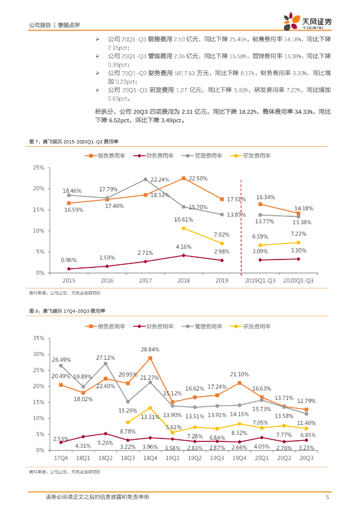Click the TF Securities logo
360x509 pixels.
(x=308, y=21)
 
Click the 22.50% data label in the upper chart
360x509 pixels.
(x=197, y=179)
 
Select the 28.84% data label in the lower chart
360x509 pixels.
(x=150, y=349)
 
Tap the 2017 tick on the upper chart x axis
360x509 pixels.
(x=145, y=281)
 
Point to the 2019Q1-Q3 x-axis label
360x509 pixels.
(x=260, y=281)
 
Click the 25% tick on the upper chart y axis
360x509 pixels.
(x=38, y=168)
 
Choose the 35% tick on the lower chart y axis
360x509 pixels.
(x=38, y=338)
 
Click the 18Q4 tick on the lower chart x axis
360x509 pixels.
(x=150, y=458)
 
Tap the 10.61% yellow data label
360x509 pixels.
(x=183, y=220)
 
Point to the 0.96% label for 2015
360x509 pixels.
(x=69, y=260)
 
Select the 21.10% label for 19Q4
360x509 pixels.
(x=240, y=374)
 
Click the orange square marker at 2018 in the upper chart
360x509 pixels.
(x=183, y=178)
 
